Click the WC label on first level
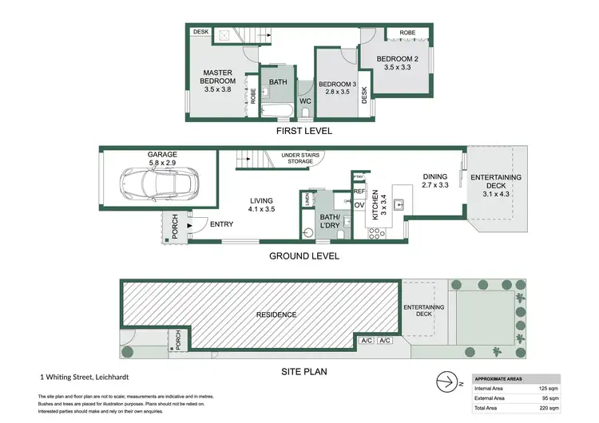pos(305,101)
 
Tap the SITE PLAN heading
pos(304,371)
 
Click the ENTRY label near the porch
pos(221,224)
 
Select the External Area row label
pos(490,397)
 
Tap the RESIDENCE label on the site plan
pos(276,314)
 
